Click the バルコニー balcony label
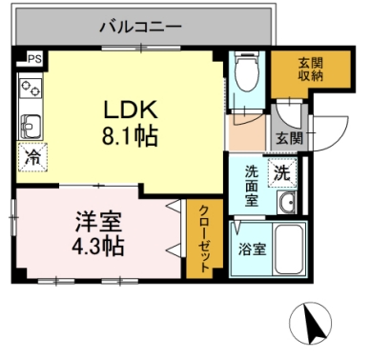pyautogui.click(x=140, y=27)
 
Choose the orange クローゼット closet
pyautogui.click(x=201, y=238)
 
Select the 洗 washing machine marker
pyautogui.click(x=283, y=174)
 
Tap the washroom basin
pyautogui.click(x=287, y=204)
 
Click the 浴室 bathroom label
pyautogui.click(x=253, y=250)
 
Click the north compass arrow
pyautogui.click(x=312, y=324)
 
